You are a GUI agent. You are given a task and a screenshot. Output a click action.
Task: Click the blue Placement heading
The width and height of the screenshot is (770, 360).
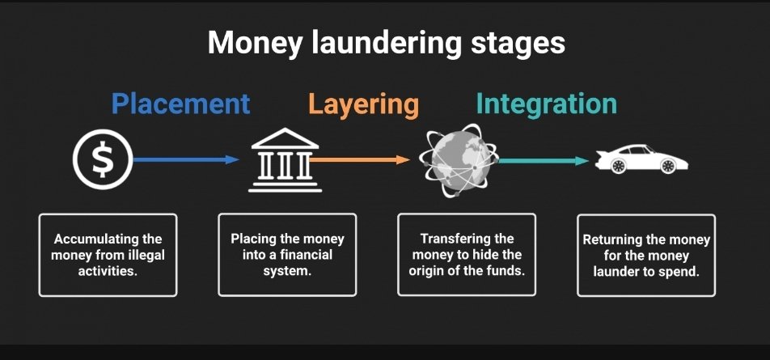180,104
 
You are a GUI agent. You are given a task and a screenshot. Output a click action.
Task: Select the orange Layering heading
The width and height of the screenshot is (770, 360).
363,104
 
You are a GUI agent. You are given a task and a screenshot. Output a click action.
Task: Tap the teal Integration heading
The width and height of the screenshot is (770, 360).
546,104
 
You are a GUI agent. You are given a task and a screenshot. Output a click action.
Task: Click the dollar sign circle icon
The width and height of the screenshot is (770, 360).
102,160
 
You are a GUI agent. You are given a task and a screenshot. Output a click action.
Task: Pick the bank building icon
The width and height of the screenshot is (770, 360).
285,160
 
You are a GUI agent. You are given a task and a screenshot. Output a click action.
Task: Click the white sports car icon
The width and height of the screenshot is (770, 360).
641,159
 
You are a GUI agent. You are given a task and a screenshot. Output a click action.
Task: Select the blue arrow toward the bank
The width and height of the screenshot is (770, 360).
187,160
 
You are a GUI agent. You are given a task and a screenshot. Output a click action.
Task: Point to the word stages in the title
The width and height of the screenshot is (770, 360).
518,43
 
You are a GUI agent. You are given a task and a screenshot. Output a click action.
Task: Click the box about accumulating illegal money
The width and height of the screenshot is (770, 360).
108,254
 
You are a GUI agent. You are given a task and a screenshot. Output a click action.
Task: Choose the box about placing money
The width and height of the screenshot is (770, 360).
287,254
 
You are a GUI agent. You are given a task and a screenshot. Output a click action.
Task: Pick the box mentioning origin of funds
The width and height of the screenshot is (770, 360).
467,254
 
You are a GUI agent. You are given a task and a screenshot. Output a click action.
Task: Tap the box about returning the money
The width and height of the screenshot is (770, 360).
645,254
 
